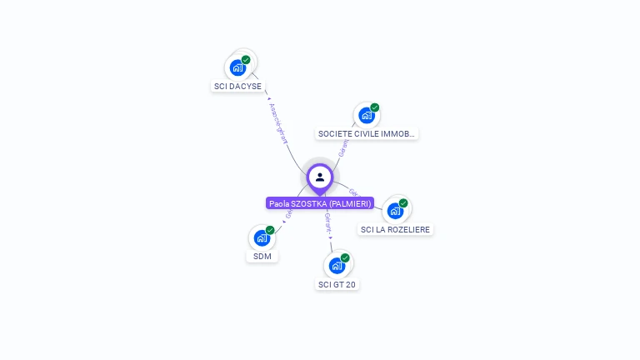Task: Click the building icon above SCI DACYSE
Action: point(237,67)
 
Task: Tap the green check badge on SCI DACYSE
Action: point(246,60)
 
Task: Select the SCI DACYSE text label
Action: point(237,86)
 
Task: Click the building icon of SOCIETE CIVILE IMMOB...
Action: point(367,115)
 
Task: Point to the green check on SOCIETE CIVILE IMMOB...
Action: point(375,107)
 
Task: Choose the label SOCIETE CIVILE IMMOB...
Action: point(367,133)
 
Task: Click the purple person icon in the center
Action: point(320,177)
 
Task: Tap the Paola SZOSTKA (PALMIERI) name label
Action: point(320,203)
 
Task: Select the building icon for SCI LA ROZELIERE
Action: point(395,211)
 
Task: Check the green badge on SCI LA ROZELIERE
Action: point(403,203)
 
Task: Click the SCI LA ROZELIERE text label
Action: point(396,229)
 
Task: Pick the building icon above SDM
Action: point(262,237)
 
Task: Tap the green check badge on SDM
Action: point(270,230)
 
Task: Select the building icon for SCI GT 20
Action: point(337,266)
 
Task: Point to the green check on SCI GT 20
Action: point(345,258)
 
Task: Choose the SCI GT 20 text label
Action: point(337,284)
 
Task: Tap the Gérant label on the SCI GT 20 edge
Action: point(327,223)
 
